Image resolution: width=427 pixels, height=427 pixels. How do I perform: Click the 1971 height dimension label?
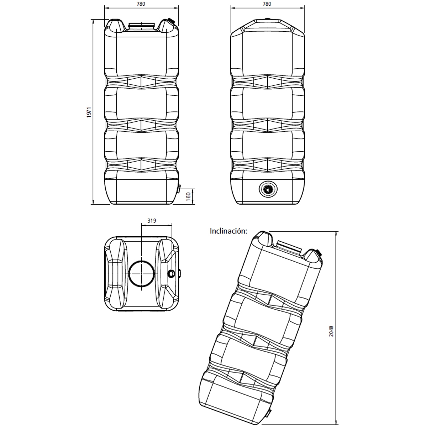[x=89, y=112]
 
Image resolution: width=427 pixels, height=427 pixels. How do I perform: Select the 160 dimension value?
[x=188, y=196]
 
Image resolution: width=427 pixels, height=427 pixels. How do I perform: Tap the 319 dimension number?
[x=152, y=221]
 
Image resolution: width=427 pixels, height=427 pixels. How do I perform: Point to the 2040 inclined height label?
[x=331, y=331]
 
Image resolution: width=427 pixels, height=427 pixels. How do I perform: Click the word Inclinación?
[x=228, y=231]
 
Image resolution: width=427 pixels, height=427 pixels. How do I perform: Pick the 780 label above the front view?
[x=141, y=4]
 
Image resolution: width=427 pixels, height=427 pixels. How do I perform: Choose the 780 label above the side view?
[x=267, y=4]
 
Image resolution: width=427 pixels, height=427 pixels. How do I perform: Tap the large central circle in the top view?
[x=141, y=273]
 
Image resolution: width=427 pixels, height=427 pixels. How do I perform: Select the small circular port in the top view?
[x=171, y=273]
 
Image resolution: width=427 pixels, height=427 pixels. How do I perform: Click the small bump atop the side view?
[x=268, y=19]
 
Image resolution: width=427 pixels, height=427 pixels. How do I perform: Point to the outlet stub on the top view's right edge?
[x=179, y=273]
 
